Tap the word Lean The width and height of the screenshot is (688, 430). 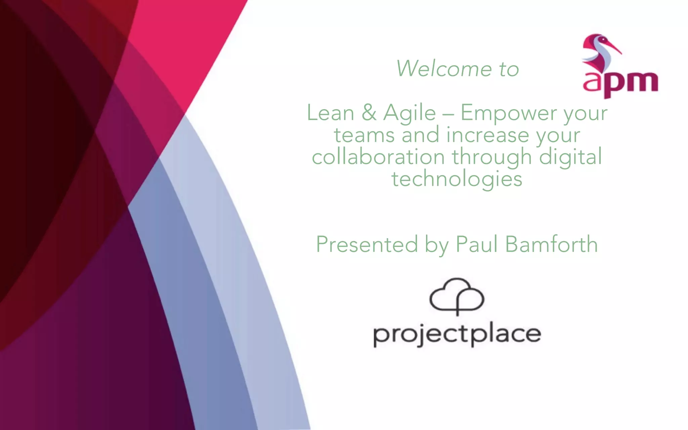[x=331, y=113]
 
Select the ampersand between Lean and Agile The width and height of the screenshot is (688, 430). [x=369, y=113]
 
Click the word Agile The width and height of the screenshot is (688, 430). [x=410, y=113]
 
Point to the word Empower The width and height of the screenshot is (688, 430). [x=508, y=113]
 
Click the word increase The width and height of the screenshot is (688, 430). [x=487, y=135]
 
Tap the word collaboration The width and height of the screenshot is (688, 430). [x=378, y=157]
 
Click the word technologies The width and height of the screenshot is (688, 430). [x=457, y=179]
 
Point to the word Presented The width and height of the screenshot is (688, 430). [x=367, y=244]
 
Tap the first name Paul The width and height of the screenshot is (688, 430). [x=476, y=244]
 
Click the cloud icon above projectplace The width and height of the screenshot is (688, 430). [x=457, y=296]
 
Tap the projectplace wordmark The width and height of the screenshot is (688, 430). [x=457, y=335]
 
